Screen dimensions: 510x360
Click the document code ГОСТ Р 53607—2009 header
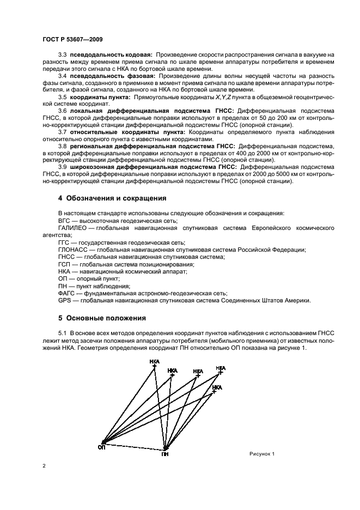pyautogui.click(x=72, y=40)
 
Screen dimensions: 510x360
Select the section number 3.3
pyautogui.click(x=63, y=56)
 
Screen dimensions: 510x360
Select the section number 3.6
pyautogui.click(x=63, y=111)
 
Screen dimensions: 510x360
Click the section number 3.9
pyautogui.click(x=63, y=167)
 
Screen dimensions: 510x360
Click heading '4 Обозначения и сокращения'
pyautogui.click(x=112, y=197)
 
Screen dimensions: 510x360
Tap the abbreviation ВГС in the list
pyautogui.click(x=64, y=221)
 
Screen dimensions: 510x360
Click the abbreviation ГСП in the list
pyautogui.click(x=64, y=264)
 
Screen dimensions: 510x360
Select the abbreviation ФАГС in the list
pyautogui.click(x=66, y=293)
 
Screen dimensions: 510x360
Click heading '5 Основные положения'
pyautogui.click(x=101, y=317)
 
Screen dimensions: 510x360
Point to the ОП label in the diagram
pyautogui.click(x=101, y=447)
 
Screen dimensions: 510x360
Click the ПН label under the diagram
pyautogui.click(x=165, y=453)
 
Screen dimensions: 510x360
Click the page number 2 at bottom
pyautogui.click(x=44, y=466)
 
